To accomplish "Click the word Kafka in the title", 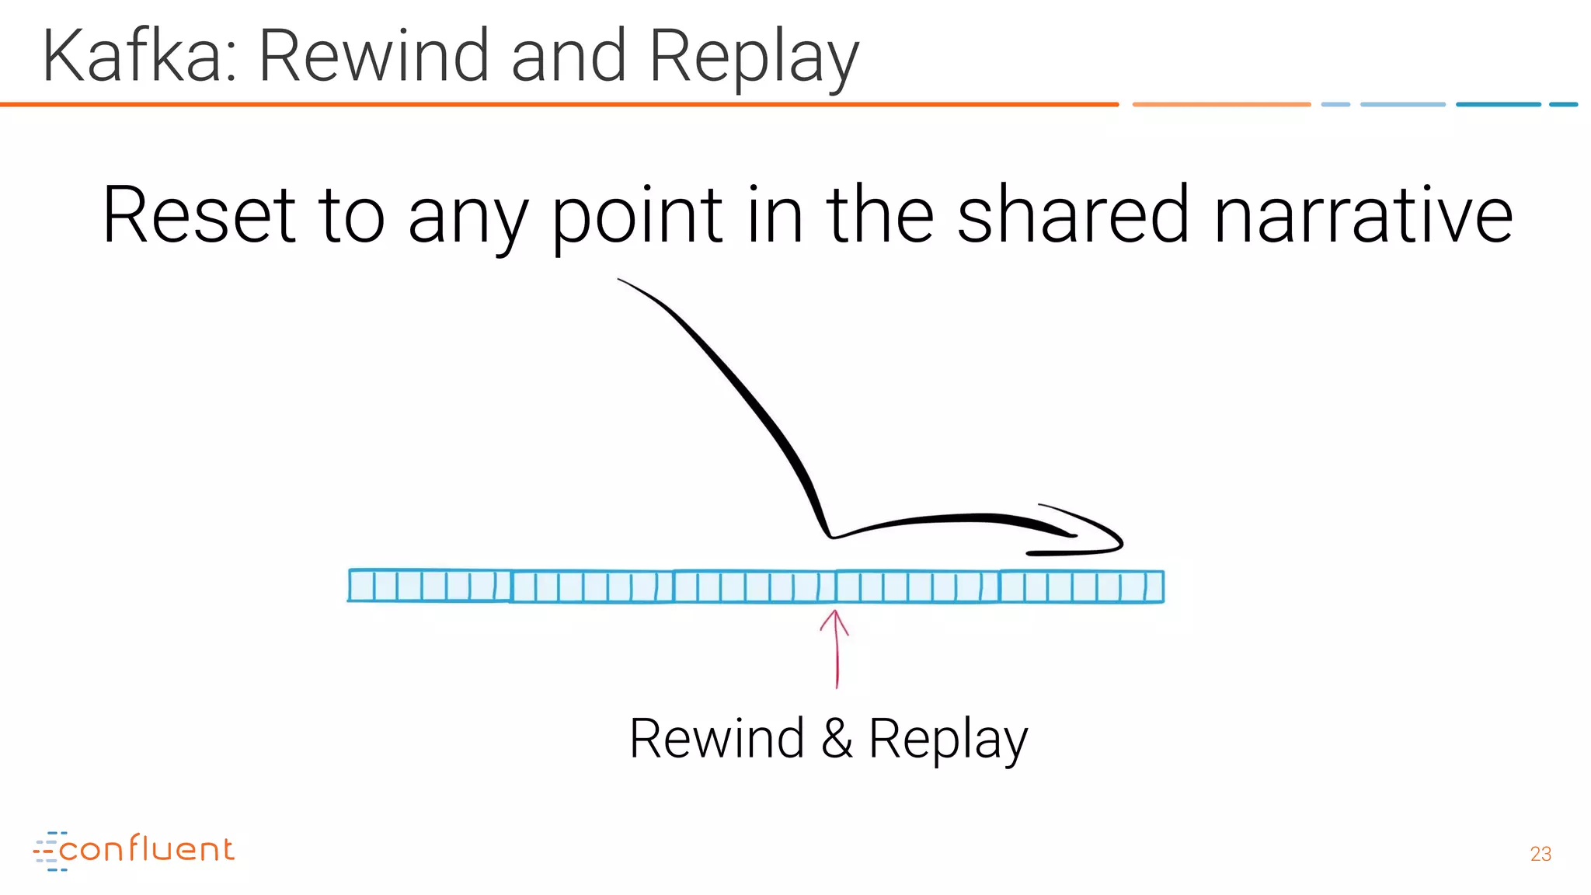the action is tap(132, 56).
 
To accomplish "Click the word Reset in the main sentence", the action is tap(199, 215).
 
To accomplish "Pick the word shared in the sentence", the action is tap(1072, 215).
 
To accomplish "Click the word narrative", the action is tap(1363, 215).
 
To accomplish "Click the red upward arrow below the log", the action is tap(836, 649).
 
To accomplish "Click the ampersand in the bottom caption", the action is tap(837, 739).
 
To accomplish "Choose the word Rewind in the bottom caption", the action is tap(716, 739).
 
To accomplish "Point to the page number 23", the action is tap(1541, 855).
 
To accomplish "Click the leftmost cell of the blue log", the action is tap(362, 586).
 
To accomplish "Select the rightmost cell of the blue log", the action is tap(1154, 587).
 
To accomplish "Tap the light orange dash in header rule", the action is tap(1221, 104).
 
